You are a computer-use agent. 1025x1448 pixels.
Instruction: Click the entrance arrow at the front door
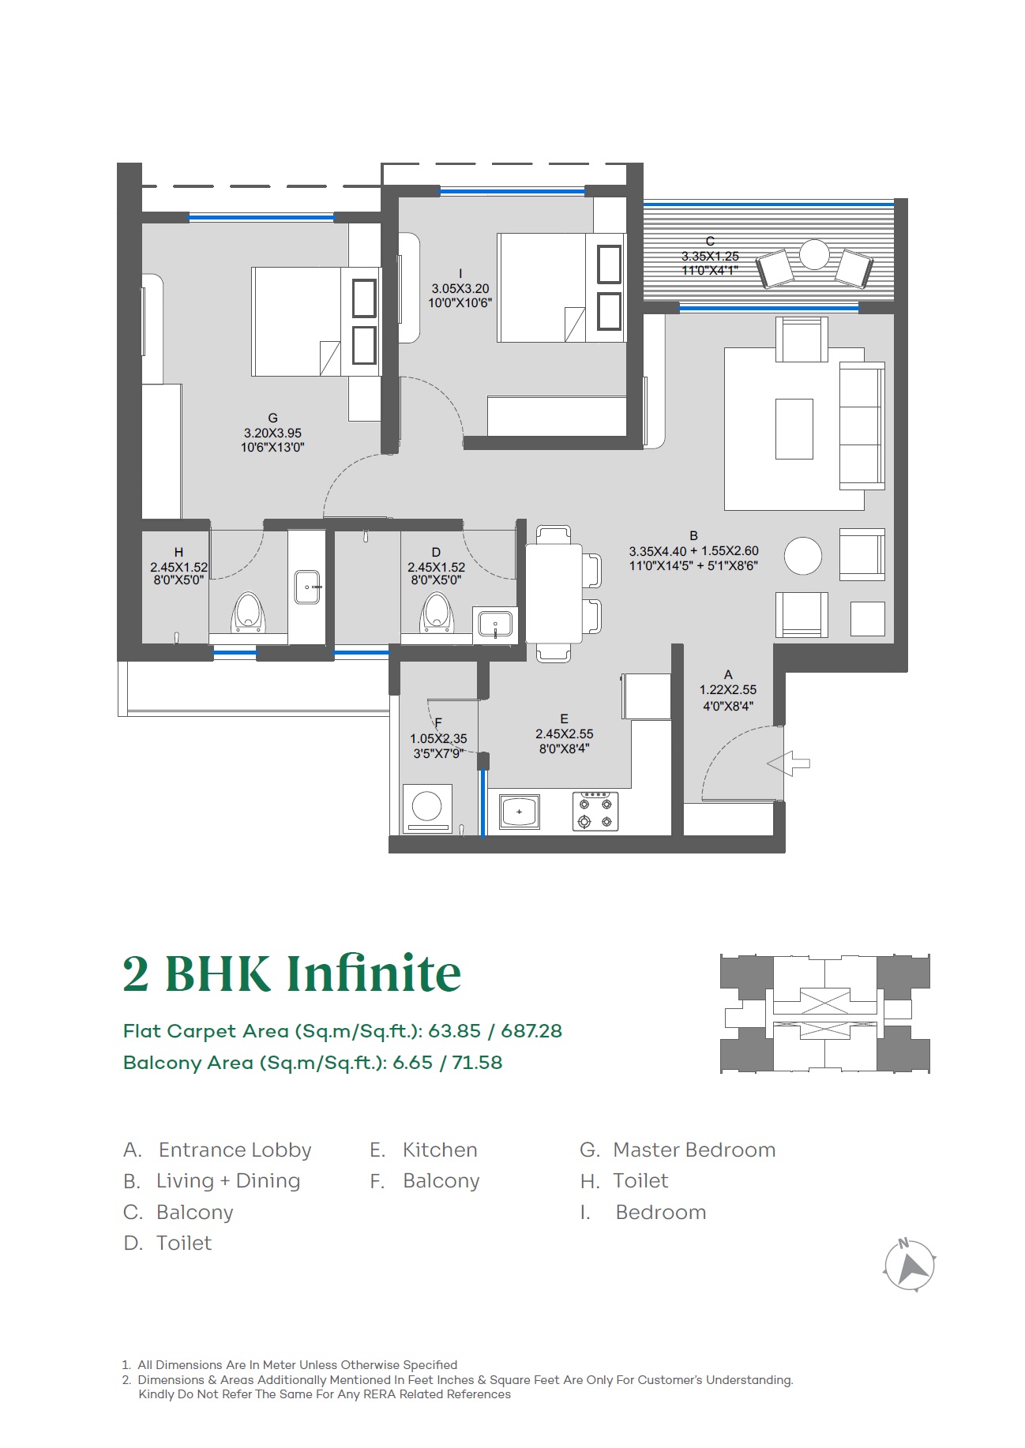click(788, 763)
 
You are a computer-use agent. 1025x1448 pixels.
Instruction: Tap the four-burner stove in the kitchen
click(595, 812)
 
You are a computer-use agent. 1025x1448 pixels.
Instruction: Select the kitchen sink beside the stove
click(520, 812)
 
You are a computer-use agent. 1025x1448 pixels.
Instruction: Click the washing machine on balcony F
click(427, 808)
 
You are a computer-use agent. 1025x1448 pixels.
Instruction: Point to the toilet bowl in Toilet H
click(248, 613)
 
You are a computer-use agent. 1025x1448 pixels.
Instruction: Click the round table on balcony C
click(814, 254)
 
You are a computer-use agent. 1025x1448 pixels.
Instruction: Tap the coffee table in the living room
click(794, 429)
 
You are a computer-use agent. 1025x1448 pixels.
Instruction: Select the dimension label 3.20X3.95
click(272, 433)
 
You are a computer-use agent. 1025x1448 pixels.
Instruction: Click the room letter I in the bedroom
click(460, 274)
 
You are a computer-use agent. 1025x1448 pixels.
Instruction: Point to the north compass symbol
click(909, 1264)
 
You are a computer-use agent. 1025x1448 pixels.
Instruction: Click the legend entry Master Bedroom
click(694, 1150)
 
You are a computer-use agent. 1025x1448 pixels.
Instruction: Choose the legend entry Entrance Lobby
click(235, 1150)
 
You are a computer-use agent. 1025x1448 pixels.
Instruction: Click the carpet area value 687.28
click(531, 1031)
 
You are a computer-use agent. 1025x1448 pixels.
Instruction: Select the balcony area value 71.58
click(477, 1063)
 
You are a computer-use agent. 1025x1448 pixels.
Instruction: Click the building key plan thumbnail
click(825, 1014)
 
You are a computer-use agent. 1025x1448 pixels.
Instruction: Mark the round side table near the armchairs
click(803, 556)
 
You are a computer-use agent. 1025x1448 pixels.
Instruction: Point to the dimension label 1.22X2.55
click(728, 689)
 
